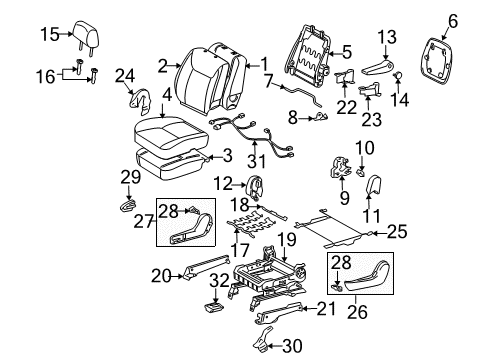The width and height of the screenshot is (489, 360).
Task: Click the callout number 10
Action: (366, 147)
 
